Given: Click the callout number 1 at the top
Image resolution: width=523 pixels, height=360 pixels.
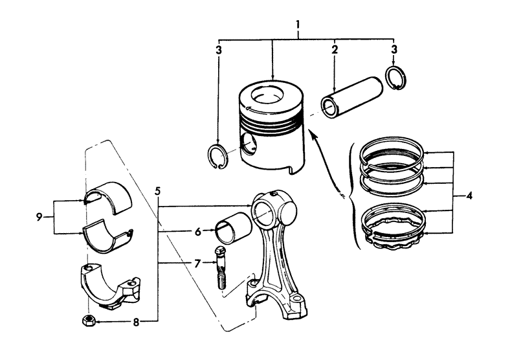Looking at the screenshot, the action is click(297, 25).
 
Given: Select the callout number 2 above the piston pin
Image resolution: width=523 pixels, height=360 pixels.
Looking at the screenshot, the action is click(335, 49).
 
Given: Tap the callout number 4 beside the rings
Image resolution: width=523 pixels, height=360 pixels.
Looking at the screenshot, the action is click(469, 196).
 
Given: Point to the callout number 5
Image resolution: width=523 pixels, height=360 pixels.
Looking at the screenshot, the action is click(158, 192).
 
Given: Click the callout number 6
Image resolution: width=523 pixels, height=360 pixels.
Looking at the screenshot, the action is click(198, 232).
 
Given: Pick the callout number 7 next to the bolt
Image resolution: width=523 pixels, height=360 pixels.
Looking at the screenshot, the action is click(197, 264).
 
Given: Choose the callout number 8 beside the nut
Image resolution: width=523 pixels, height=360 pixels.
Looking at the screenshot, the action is click(136, 322).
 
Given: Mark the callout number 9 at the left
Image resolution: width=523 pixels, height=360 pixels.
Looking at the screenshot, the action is click(39, 218).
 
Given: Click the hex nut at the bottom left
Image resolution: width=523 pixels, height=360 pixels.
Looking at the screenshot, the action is click(89, 321).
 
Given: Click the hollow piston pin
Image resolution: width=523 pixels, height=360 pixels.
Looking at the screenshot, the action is click(351, 97).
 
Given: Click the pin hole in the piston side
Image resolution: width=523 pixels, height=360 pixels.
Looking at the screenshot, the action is click(249, 144).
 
